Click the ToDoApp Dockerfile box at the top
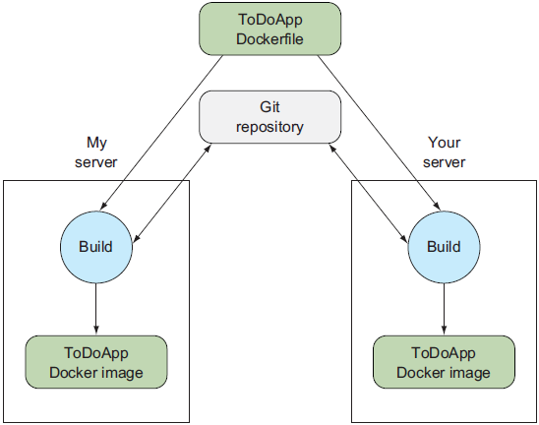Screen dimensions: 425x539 click(269, 29)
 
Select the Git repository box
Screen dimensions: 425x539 click(269, 115)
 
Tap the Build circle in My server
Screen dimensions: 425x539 click(95, 246)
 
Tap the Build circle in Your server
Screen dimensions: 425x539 click(443, 246)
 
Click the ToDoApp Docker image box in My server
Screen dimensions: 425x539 click(95, 361)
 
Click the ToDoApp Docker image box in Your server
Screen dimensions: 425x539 click(443, 361)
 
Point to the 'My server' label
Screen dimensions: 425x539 click(95, 152)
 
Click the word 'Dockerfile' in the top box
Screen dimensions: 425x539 click(269, 38)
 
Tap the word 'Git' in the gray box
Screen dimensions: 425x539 click(269, 106)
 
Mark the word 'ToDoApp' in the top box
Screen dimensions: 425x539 click(269, 20)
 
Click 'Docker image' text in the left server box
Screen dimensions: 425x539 click(95, 372)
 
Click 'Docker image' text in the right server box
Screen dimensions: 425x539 click(443, 372)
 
